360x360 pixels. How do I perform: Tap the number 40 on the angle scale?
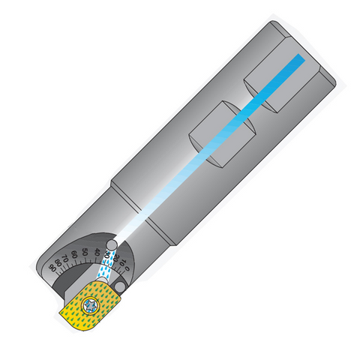(97, 251)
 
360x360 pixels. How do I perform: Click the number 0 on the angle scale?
(128, 268)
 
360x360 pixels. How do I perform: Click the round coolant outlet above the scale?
(111, 244)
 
